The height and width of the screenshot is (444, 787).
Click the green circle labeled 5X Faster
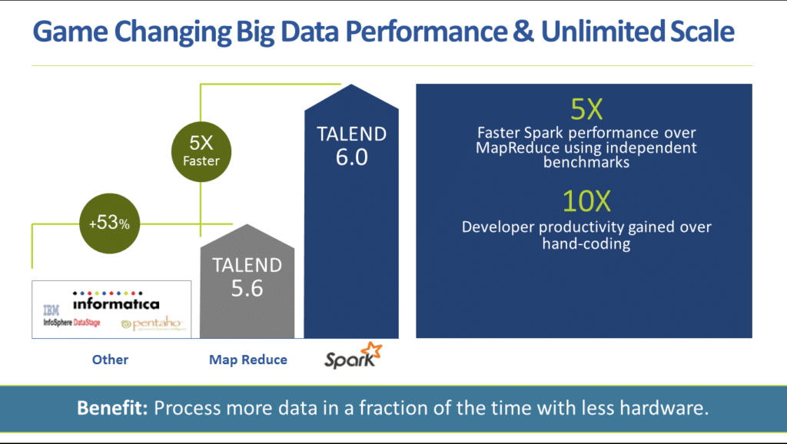pyautogui.click(x=201, y=151)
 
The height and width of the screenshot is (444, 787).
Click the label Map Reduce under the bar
pyautogui.click(x=248, y=360)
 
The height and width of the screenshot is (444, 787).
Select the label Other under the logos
pyautogui.click(x=110, y=360)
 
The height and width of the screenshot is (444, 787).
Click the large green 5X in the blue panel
pyautogui.click(x=586, y=109)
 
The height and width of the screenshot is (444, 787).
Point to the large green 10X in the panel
pyautogui.click(x=586, y=201)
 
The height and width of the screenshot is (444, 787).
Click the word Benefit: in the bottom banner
pyautogui.click(x=112, y=408)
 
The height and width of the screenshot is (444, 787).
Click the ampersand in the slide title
pyautogui.click(x=515, y=32)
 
